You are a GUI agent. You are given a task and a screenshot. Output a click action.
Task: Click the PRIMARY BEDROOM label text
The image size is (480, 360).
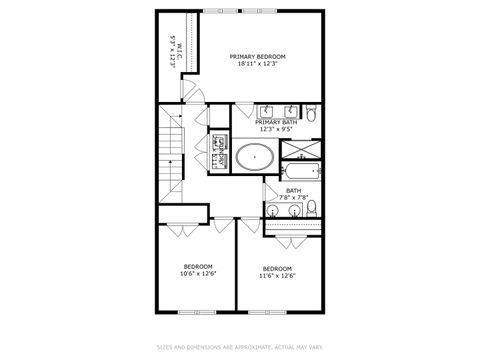pyautogui.click(x=257, y=57)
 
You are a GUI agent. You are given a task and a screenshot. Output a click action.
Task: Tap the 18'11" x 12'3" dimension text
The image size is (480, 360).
pyautogui.click(x=257, y=65)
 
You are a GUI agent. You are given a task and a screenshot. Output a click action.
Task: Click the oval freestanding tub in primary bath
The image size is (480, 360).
pyautogui.click(x=254, y=156)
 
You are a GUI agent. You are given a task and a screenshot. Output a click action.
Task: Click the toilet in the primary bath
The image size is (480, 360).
pyautogui.click(x=312, y=116)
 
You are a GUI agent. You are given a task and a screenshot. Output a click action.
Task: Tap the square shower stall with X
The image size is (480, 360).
pyautogui.click(x=300, y=151)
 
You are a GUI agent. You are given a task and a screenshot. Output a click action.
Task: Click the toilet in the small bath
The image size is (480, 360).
pyautogui.click(x=313, y=208)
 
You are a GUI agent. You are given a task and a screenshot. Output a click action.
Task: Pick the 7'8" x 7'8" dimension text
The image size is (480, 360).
pyautogui.click(x=293, y=197)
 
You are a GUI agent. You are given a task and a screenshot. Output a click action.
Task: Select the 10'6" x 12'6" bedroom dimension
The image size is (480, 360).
pyautogui.click(x=197, y=273)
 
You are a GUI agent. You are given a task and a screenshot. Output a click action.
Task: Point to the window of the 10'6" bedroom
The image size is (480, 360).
pyautogui.click(x=189, y=312)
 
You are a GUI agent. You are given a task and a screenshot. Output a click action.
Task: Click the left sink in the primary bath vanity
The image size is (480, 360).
pyautogui.click(x=268, y=110)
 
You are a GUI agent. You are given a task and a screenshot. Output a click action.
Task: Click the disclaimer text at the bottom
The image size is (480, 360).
pyautogui.click(x=239, y=347)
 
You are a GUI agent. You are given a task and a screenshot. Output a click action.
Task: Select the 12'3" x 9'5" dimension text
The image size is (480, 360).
pyautogui.click(x=275, y=129)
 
